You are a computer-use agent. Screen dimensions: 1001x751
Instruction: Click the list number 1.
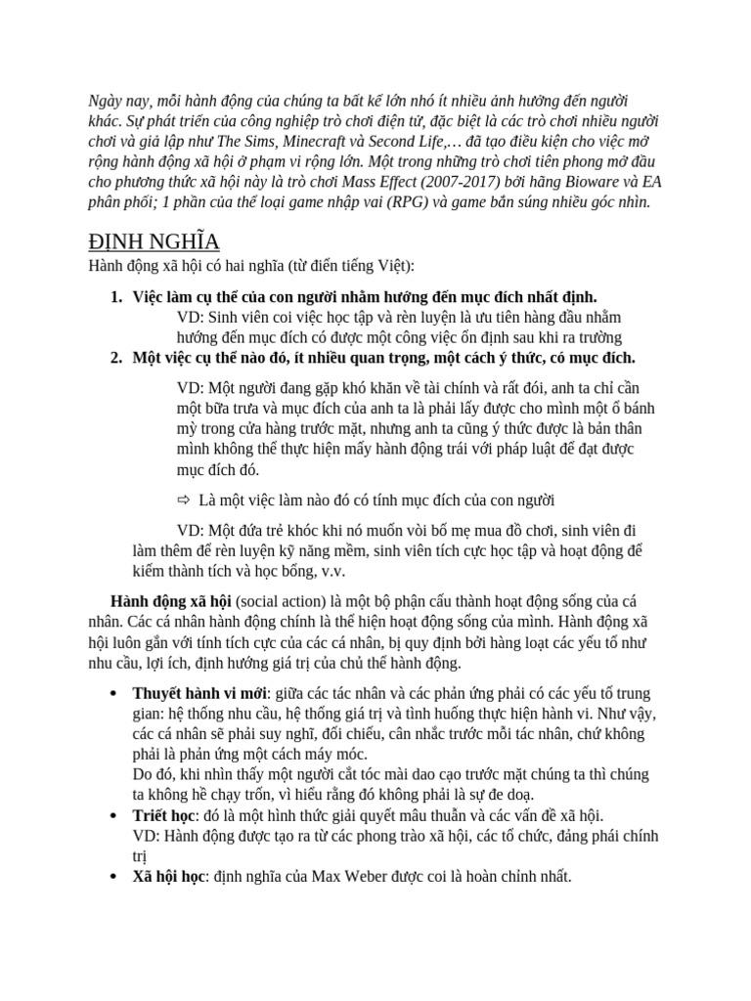click(x=115, y=296)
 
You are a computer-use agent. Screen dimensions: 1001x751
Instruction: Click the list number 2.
click(x=115, y=357)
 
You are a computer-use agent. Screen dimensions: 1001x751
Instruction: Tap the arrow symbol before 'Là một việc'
click(x=183, y=500)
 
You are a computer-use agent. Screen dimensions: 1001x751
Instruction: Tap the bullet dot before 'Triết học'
click(x=114, y=815)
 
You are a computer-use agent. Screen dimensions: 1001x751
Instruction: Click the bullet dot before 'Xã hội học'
click(x=114, y=877)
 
